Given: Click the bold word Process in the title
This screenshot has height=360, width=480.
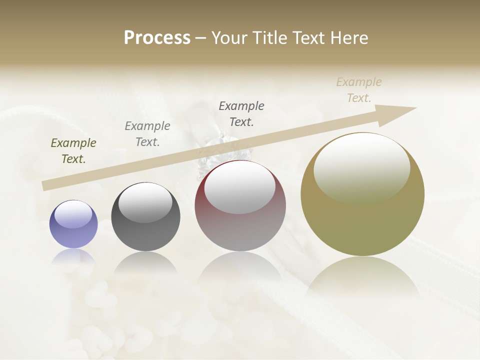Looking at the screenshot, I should click(x=157, y=38).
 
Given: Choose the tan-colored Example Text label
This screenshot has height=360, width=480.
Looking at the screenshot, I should click(x=359, y=90).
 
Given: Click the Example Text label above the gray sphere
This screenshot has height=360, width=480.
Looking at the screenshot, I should click(x=147, y=134).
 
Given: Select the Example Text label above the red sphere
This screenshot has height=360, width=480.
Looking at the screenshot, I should click(x=241, y=114).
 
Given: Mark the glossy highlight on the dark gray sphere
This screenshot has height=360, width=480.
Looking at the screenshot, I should click(x=145, y=201).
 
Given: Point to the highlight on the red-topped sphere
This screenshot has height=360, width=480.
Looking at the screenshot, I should click(x=240, y=186).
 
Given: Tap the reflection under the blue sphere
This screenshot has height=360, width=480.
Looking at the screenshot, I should click(x=73, y=256).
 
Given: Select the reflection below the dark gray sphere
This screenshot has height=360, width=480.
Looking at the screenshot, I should click(x=145, y=262).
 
